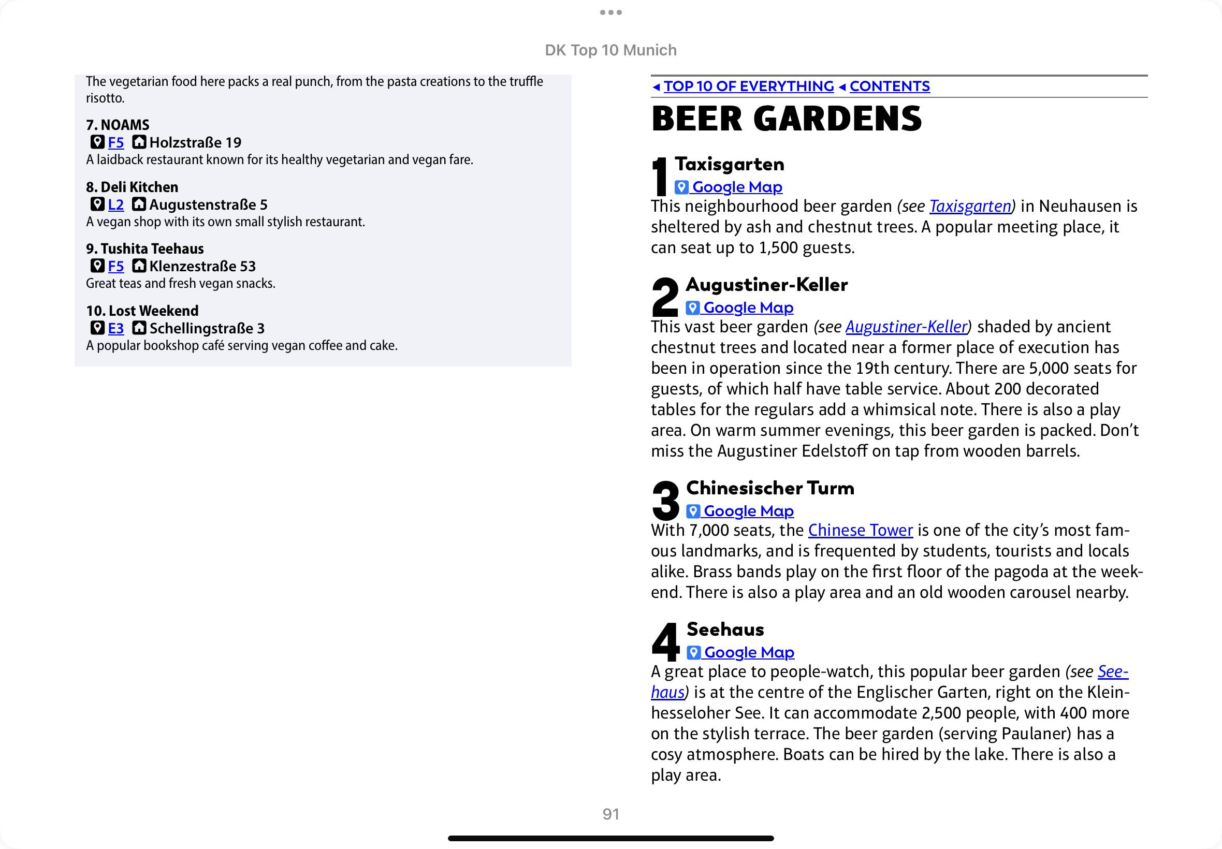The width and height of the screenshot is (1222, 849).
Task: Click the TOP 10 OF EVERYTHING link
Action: point(749,86)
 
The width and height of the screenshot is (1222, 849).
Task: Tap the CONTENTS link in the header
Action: point(890,86)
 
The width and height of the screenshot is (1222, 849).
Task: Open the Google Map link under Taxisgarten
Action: point(737,187)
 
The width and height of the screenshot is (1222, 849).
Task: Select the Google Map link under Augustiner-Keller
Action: point(748,308)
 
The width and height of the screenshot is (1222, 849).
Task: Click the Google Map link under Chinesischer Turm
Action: point(748,511)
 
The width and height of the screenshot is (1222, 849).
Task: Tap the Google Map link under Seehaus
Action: point(749,653)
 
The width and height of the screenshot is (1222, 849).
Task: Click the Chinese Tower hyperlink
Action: point(860,530)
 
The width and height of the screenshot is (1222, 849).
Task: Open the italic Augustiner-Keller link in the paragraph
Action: point(906,327)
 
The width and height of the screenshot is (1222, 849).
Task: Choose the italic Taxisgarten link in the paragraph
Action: point(970,207)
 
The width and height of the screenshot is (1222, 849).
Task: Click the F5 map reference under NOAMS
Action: point(116,142)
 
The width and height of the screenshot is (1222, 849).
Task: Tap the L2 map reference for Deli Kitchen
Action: point(116,205)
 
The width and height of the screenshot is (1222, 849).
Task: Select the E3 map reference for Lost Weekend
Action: point(116,329)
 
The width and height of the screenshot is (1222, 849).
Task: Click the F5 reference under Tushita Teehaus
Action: point(116,267)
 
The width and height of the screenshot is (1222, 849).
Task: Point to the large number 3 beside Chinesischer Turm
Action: point(665,500)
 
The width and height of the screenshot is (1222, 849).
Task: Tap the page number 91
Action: point(610,814)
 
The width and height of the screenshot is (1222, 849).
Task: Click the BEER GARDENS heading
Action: point(787,119)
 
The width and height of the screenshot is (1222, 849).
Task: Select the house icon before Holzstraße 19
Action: point(139,142)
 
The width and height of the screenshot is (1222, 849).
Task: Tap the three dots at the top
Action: point(610,12)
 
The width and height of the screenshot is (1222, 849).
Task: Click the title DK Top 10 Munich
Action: point(610,50)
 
